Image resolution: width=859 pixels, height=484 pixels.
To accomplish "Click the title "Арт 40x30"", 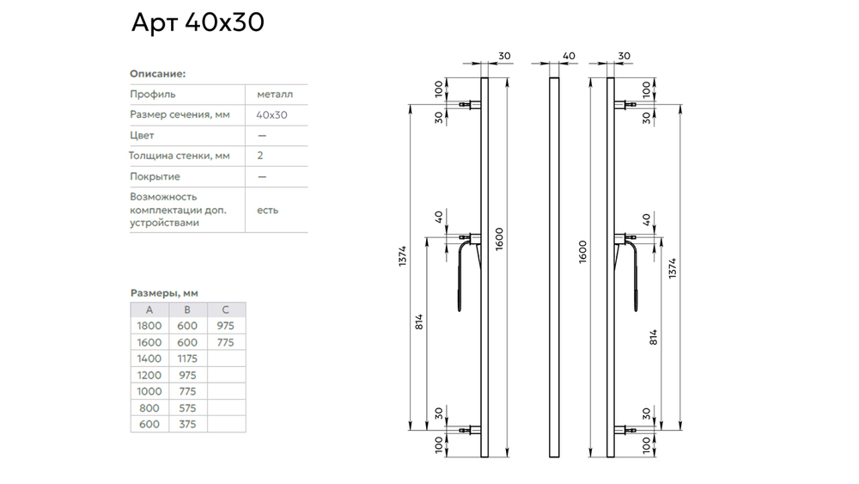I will [197, 23].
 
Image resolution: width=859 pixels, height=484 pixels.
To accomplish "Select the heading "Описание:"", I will [157, 74].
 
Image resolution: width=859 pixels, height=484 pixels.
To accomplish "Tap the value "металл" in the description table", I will [274, 94].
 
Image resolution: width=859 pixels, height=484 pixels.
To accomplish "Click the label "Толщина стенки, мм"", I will [180, 156].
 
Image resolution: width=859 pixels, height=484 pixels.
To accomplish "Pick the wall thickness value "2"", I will [259, 156].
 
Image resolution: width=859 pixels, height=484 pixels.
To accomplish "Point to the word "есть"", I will [267, 210].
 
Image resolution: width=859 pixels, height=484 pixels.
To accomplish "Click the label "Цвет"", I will [141, 135].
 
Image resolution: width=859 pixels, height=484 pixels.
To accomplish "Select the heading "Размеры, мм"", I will [163, 292].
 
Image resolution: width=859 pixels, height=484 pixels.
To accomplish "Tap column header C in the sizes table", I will [225, 309].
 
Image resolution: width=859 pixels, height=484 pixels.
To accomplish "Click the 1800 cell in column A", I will [149, 326].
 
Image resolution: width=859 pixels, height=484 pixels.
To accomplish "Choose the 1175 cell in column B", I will [187, 358].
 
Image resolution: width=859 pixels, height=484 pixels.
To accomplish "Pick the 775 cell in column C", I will [225, 342].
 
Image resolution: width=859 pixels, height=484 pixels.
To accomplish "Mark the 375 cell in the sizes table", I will [187, 424].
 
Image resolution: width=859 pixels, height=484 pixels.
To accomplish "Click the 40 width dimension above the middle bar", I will [568, 56].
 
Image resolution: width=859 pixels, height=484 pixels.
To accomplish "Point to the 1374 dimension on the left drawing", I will [403, 257].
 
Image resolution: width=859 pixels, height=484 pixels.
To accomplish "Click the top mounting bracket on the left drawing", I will [469, 105].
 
